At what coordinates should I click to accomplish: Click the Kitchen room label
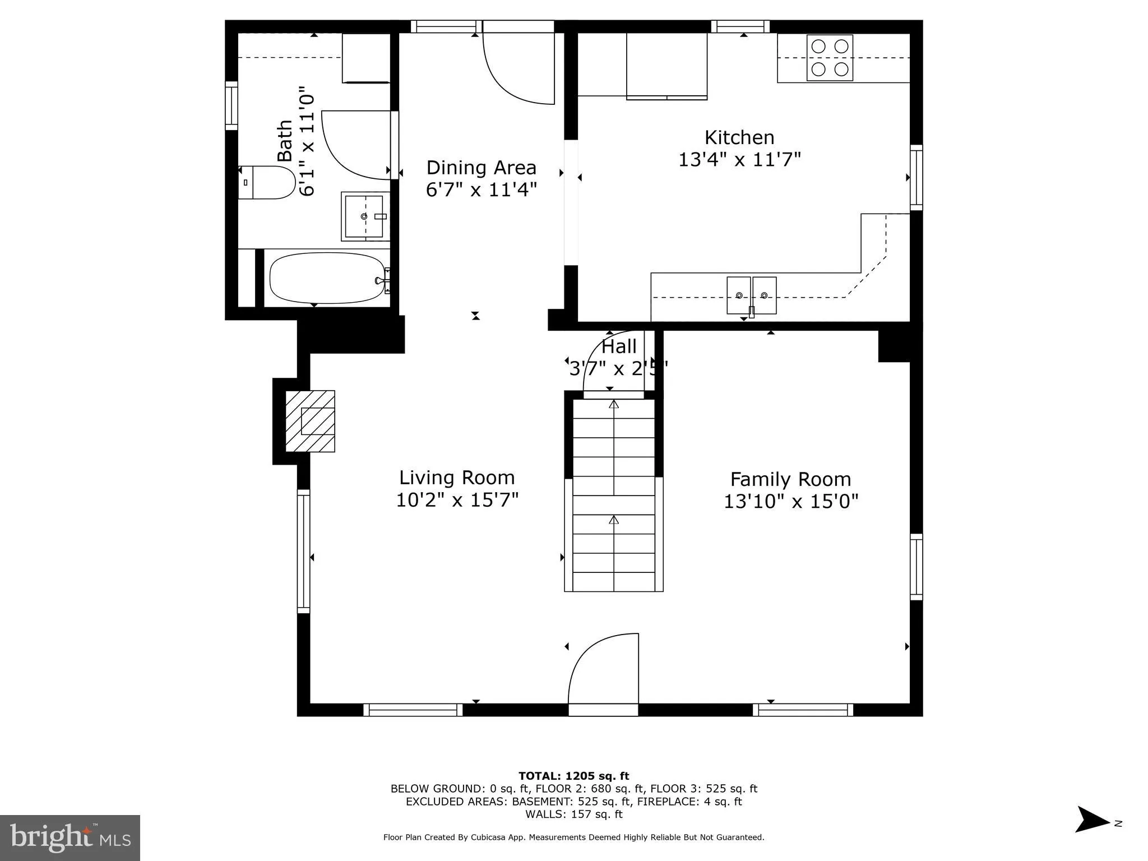739,137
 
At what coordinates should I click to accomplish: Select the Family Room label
790,479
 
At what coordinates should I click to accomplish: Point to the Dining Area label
481,168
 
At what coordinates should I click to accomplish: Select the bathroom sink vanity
365,216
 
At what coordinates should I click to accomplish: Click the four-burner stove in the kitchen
829,58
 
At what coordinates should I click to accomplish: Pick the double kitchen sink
751,295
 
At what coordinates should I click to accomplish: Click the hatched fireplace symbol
310,421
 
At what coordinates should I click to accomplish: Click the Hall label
619,346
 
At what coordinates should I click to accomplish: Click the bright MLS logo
70,837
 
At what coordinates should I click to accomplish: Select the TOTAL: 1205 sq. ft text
573,776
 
